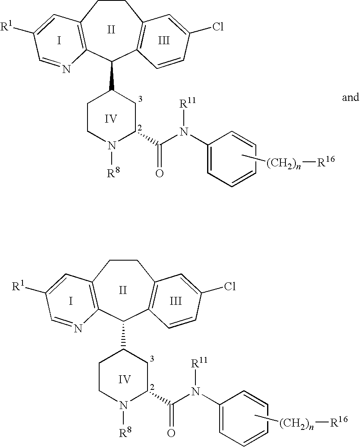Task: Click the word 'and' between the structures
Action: pyautogui.click(x=350, y=98)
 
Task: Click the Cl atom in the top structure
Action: pyautogui.click(x=218, y=28)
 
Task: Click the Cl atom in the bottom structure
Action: pyautogui.click(x=230, y=286)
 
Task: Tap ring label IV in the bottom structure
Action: pyautogui.click(x=125, y=379)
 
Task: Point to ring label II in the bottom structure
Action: pyautogui.click(x=122, y=290)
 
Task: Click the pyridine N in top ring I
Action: pyautogui.click(x=66, y=69)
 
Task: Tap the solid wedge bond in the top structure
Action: pyautogui.click(x=112, y=76)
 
